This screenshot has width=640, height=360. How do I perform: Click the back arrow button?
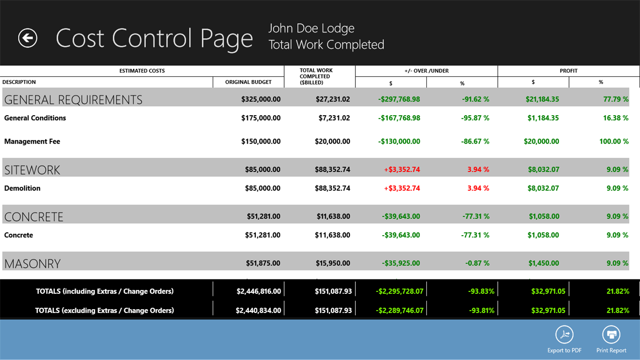coord(27,38)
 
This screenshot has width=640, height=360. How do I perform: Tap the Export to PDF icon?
coord(565,335)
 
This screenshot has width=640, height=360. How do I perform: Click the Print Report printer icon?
coord(611,335)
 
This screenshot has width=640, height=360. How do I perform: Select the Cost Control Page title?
coord(154,38)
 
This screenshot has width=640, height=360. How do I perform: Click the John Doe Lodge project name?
coord(311,28)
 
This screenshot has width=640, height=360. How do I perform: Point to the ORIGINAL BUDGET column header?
coord(248,82)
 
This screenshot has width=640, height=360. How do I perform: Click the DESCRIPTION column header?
coord(19,82)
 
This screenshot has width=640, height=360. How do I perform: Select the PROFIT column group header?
coord(569,71)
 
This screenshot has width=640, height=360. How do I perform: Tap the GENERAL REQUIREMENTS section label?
coord(73,100)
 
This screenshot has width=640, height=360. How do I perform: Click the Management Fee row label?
coord(32,142)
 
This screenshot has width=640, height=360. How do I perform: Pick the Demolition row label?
coord(22,188)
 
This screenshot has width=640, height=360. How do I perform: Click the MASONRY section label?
coord(32,263)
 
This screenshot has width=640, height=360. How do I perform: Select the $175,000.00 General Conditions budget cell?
coord(261,118)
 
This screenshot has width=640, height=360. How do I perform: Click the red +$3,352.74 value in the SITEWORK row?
coord(402,170)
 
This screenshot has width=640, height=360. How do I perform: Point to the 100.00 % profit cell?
coord(613,142)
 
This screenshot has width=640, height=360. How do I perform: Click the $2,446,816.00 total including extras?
coord(258,291)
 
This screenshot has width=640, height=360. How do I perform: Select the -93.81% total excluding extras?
coord(481,311)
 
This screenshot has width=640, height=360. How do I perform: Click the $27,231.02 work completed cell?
coord(333,99)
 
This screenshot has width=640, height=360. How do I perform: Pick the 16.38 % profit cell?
coord(615,118)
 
